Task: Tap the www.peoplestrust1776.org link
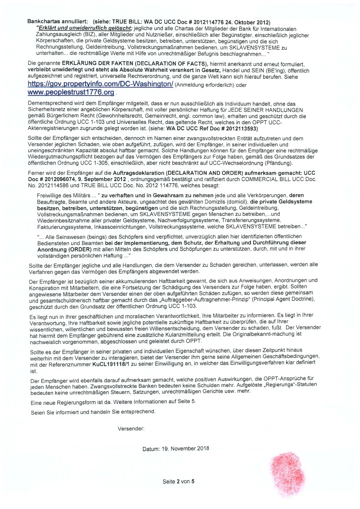click(71, 93)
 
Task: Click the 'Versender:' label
click(131, 429)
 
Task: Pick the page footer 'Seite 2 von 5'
click(178, 482)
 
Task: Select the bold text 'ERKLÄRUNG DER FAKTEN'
click(98, 63)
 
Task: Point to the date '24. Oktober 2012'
click(246, 22)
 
